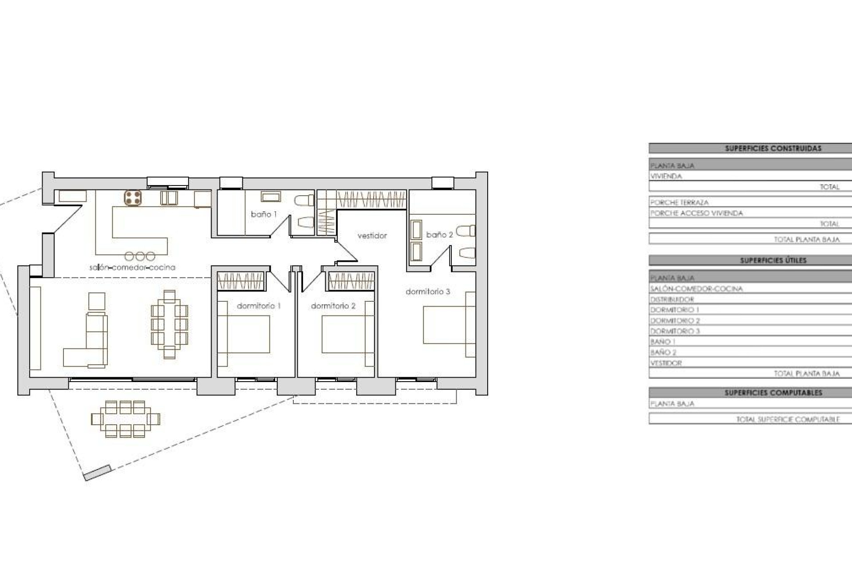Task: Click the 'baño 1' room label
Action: click(x=264, y=214)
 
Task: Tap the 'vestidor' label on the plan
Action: click(x=372, y=236)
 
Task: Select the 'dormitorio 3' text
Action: click(x=428, y=292)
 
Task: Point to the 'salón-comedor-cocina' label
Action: click(x=132, y=267)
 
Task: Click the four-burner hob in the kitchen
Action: click(x=133, y=198)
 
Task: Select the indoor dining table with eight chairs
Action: click(x=169, y=324)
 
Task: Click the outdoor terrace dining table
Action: click(x=125, y=419)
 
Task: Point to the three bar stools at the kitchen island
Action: click(x=140, y=256)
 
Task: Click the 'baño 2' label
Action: click(x=439, y=235)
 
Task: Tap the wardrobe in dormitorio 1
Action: click(x=241, y=281)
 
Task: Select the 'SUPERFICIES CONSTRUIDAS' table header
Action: click(x=773, y=148)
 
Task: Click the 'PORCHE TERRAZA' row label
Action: click(x=679, y=202)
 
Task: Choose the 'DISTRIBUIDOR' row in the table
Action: click(x=672, y=299)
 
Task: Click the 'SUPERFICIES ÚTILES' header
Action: click(x=773, y=260)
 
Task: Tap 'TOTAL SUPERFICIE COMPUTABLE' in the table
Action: click(x=788, y=419)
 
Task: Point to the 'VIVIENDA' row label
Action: click(x=666, y=176)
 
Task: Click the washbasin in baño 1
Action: click(x=271, y=197)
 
